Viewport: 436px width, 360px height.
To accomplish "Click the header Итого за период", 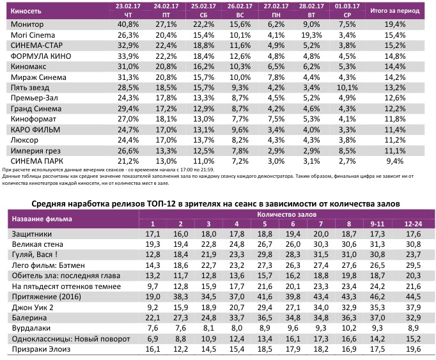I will pos(398,12).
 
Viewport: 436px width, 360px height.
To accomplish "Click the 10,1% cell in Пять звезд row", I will pos(348,87).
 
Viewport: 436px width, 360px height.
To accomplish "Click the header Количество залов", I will pos(274,214).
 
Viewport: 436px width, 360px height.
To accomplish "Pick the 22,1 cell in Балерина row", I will pos(153,318).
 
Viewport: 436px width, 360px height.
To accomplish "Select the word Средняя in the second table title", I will pos(51,203).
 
